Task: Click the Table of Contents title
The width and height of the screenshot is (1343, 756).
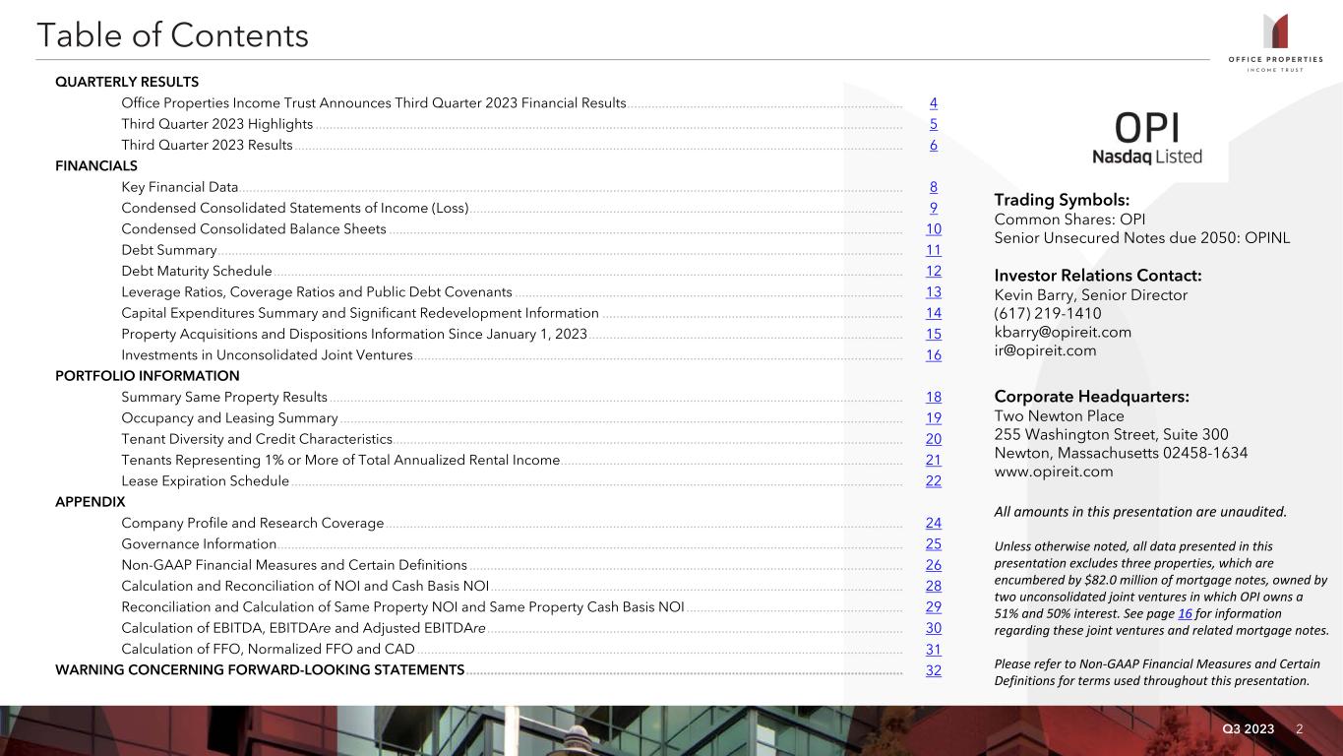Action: point(172,36)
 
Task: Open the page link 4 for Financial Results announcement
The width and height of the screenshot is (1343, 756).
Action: point(933,103)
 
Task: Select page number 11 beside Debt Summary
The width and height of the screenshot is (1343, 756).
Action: point(933,250)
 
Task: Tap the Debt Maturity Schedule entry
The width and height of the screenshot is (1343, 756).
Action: point(197,272)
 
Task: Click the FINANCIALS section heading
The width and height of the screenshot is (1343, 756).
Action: point(96,166)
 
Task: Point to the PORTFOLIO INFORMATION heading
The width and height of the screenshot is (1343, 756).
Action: point(148,376)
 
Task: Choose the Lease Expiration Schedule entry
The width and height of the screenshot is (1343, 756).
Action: point(205,481)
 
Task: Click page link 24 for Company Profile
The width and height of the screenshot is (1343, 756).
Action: point(933,523)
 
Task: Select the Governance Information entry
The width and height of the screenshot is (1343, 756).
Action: point(199,544)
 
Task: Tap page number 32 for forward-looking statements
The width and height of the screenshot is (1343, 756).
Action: point(933,670)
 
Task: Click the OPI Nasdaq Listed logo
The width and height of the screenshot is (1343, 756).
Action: point(1146,139)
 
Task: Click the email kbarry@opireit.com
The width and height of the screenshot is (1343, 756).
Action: point(1063,332)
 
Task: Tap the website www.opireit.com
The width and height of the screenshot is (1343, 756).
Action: point(1054,472)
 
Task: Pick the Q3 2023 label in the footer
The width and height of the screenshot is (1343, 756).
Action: point(1248,729)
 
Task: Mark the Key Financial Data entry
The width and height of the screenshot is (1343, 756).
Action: point(180,187)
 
